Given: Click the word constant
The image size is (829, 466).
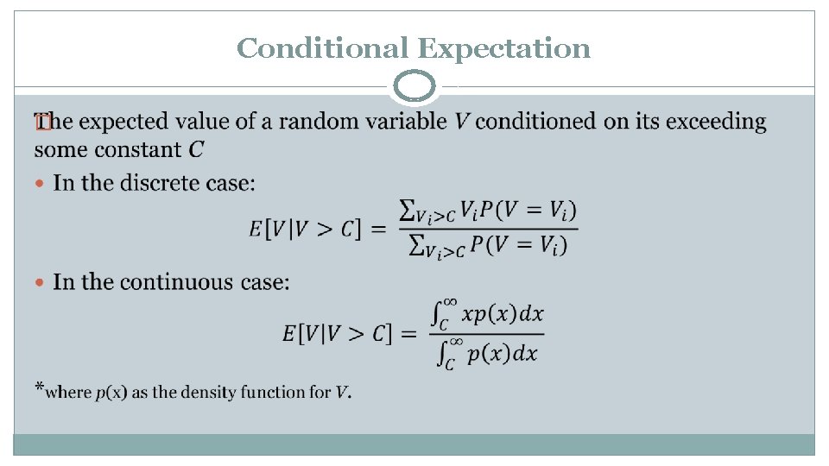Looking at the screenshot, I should pyautogui.click(x=141, y=150).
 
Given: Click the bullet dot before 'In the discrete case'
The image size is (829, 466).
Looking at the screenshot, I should pyautogui.click(x=41, y=184).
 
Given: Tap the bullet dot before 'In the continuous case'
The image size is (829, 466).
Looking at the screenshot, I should pyautogui.click(x=41, y=283).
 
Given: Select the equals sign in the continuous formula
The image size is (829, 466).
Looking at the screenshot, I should pyautogui.click(x=409, y=333).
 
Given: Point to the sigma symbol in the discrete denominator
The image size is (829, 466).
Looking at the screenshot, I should pyautogui.click(x=416, y=248).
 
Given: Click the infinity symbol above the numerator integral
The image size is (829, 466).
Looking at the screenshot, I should pyautogui.click(x=450, y=301).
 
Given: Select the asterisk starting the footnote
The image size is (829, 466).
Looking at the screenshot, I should pyautogui.click(x=39, y=387).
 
